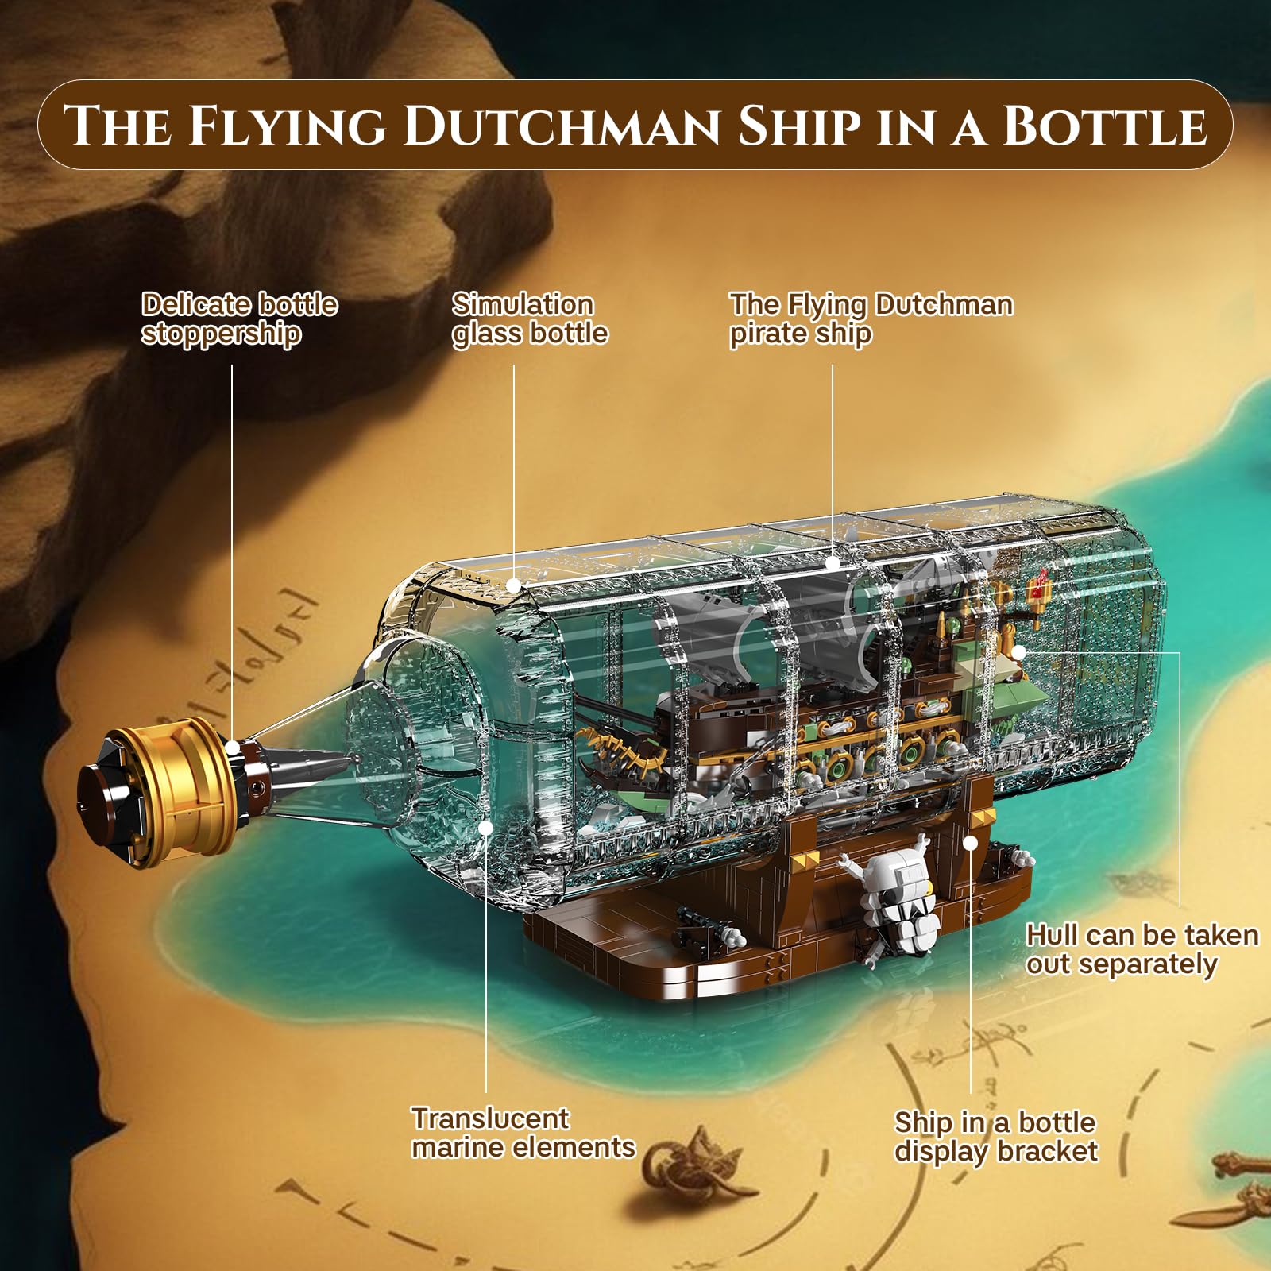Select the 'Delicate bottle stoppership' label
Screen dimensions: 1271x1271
point(240,319)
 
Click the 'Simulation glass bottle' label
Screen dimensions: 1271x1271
point(530,319)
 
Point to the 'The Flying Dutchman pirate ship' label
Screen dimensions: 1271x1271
point(871,319)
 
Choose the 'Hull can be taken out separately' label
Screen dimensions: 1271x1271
point(1142,949)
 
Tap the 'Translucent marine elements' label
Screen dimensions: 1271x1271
point(523,1133)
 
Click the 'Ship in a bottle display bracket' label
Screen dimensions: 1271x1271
point(996,1137)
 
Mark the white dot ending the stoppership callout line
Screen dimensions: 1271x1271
point(232,748)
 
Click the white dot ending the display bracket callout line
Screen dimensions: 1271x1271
point(970,843)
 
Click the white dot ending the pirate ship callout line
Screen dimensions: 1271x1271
point(833,563)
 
